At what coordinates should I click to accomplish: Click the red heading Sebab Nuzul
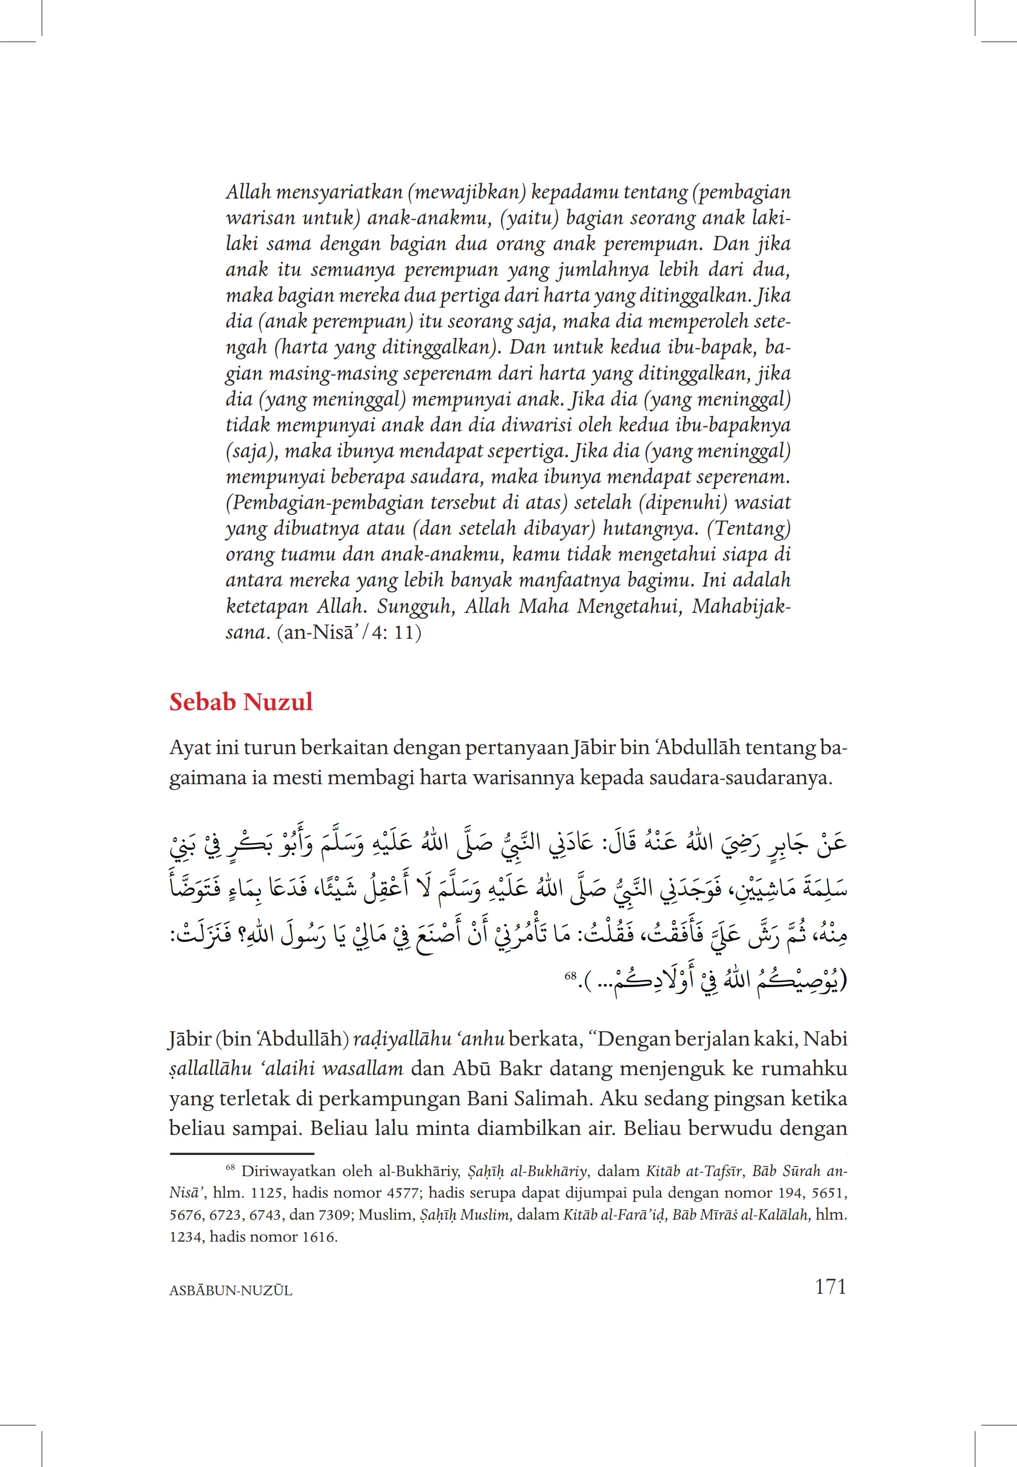click(x=241, y=702)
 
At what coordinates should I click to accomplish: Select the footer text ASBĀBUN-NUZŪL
click(x=231, y=1290)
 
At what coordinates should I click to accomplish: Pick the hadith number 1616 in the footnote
click(x=319, y=1236)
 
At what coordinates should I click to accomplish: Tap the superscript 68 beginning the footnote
click(x=231, y=1167)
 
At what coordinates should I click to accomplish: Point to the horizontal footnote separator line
click(x=242, y=1153)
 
